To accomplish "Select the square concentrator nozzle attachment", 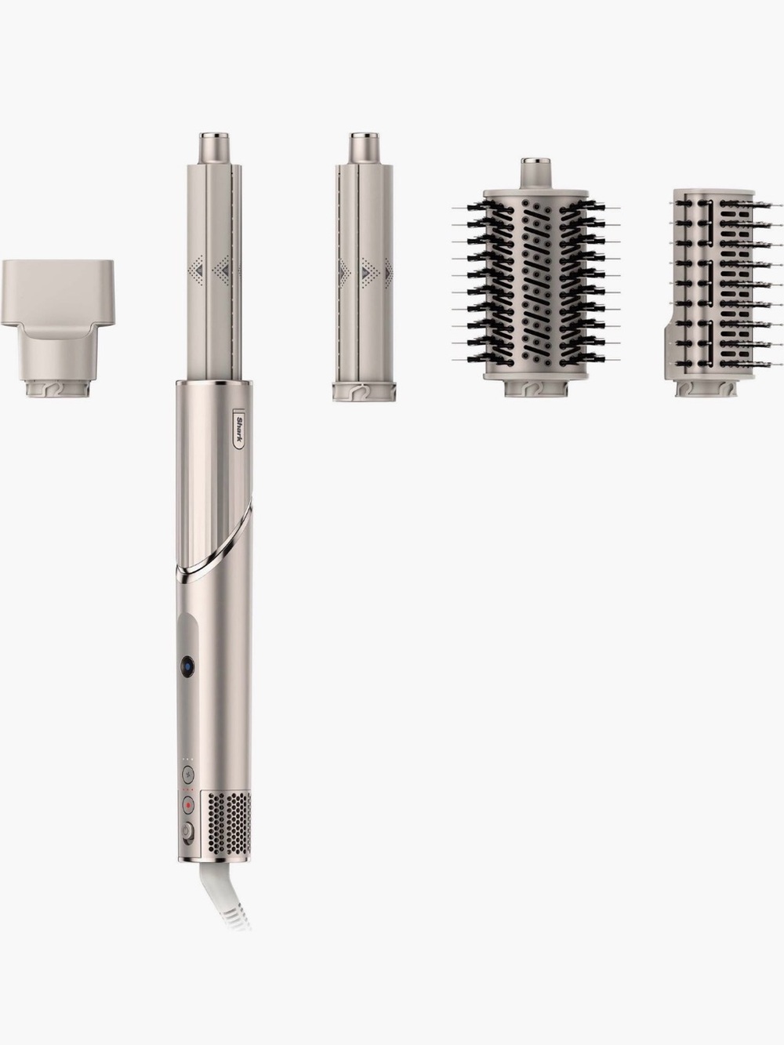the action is [57, 328].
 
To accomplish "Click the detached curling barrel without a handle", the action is [365, 266].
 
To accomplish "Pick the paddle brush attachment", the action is [724, 293].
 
